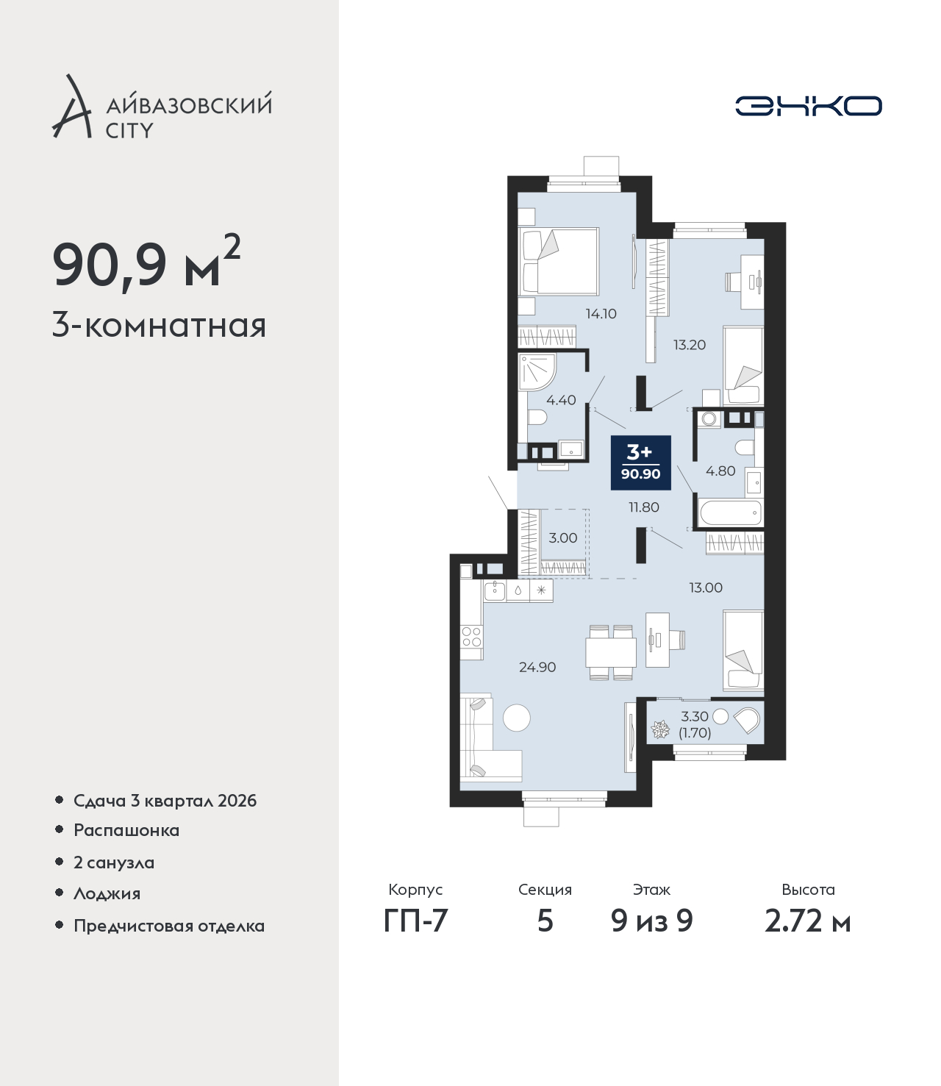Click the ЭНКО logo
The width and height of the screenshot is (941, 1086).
(808, 106)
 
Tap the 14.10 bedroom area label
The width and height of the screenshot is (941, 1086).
(601, 314)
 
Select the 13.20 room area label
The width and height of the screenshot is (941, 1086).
(690, 345)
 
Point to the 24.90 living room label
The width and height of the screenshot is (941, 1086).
(537, 667)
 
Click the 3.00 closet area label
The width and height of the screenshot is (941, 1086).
(562, 537)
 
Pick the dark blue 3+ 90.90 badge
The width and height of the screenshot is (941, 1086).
(640, 462)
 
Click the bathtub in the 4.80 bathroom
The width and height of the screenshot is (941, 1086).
(730, 512)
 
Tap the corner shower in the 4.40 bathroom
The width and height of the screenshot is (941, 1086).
(537, 372)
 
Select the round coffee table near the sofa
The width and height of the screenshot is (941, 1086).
(517, 718)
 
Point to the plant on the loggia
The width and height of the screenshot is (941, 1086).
(660, 729)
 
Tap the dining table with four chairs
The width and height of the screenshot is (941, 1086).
(610, 652)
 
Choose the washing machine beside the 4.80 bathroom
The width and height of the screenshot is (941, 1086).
(709, 419)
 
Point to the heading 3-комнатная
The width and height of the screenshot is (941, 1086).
(160, 326)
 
